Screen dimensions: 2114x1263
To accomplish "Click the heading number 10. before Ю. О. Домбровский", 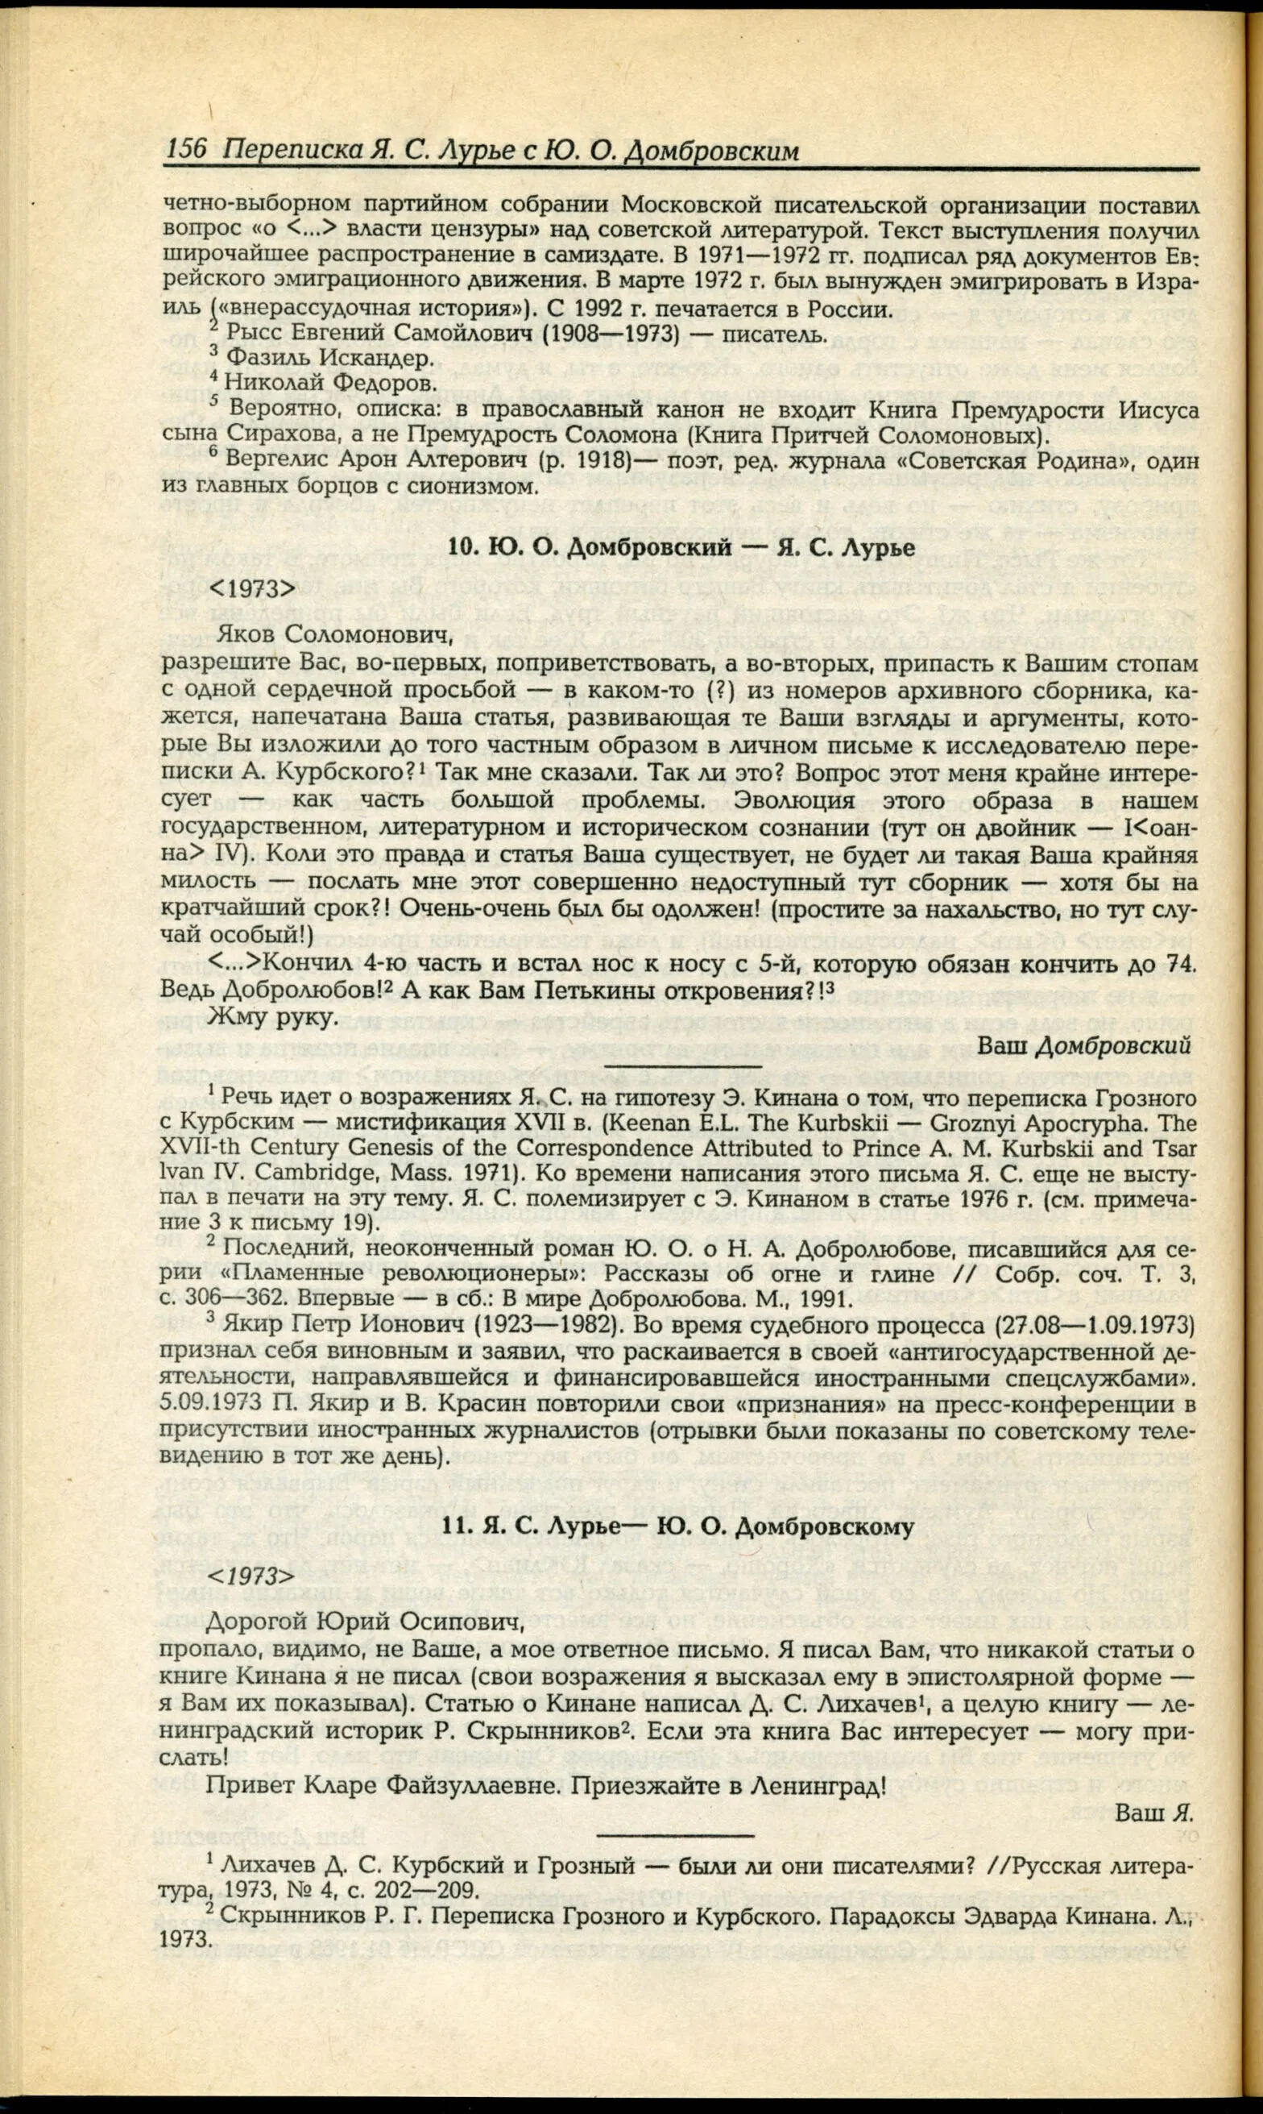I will click(462, 546).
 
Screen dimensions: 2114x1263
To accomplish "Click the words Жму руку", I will click(273, 1015).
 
